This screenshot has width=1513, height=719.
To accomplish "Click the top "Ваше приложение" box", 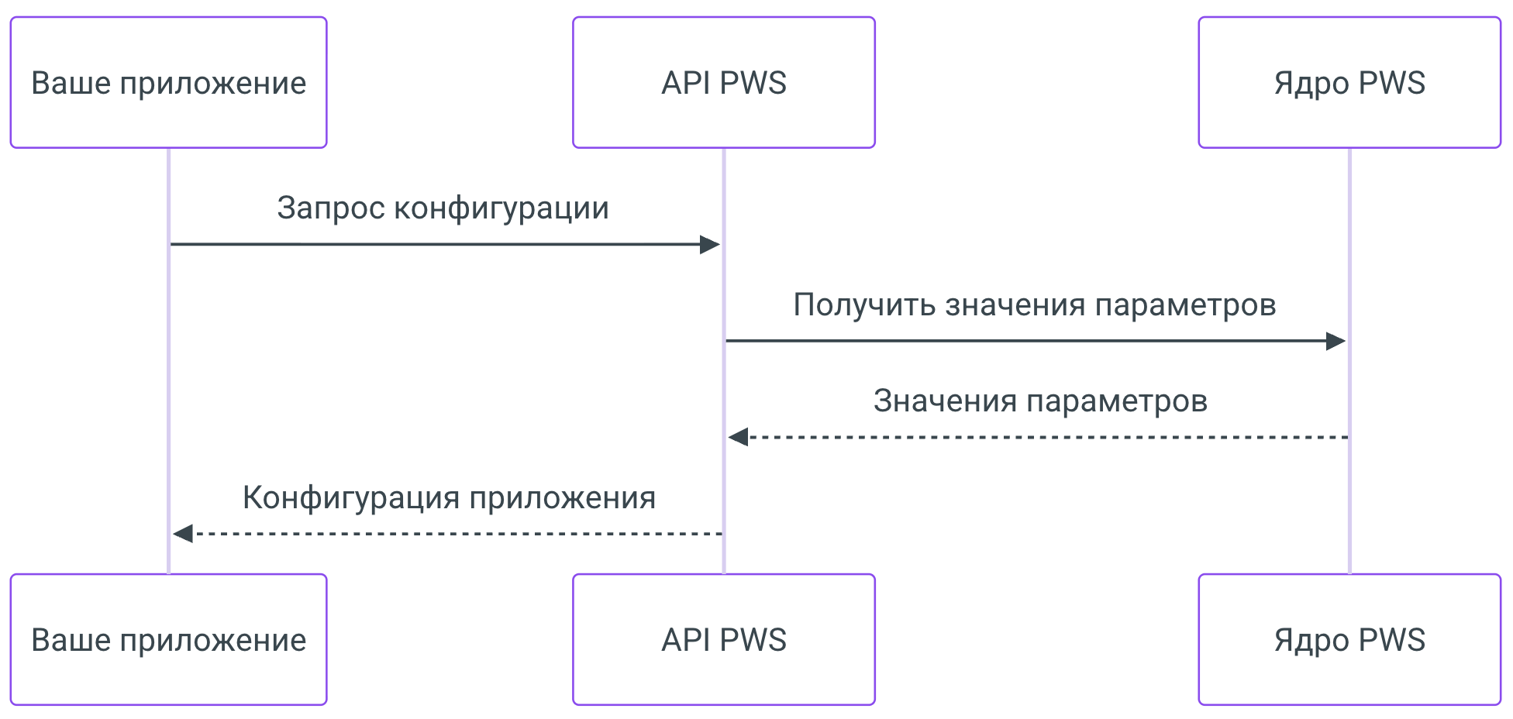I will tap(168, 82).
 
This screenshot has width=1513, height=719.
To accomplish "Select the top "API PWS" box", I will tap(723, 82).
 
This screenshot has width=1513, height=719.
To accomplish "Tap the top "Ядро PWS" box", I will tap(1349, 82).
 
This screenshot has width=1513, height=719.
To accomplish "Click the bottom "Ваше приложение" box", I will tap(168, 639).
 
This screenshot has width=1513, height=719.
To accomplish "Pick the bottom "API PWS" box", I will tap(723, 639).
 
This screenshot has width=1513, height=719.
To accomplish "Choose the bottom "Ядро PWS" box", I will tap(1349, 639).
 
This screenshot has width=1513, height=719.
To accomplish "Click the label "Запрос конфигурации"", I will tap(443, 208).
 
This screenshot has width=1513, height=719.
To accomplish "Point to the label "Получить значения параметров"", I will tap(1034, 304).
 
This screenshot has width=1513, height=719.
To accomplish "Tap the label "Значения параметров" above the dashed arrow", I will tap(1039, 401).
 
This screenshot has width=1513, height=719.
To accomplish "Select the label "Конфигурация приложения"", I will tap(449, 497).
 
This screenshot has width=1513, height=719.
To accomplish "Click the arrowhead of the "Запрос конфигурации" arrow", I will tap(709, 245).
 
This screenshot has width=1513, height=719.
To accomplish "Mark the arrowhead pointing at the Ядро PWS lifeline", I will tap(1335, 341).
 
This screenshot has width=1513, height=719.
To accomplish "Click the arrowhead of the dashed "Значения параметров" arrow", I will tap(739, 437).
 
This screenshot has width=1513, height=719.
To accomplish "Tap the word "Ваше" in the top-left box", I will tap(70, 83).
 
